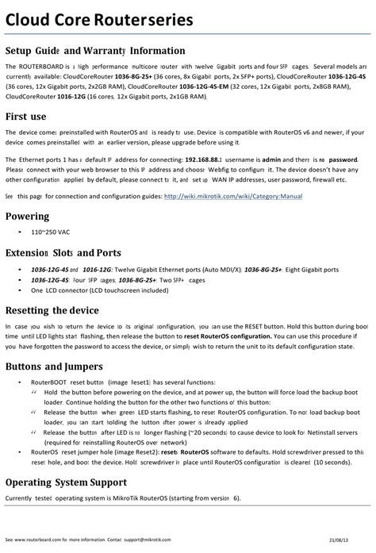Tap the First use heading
pyautogui.click(x=30, y=115)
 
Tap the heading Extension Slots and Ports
pyautogui.click(x=75, y=254)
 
